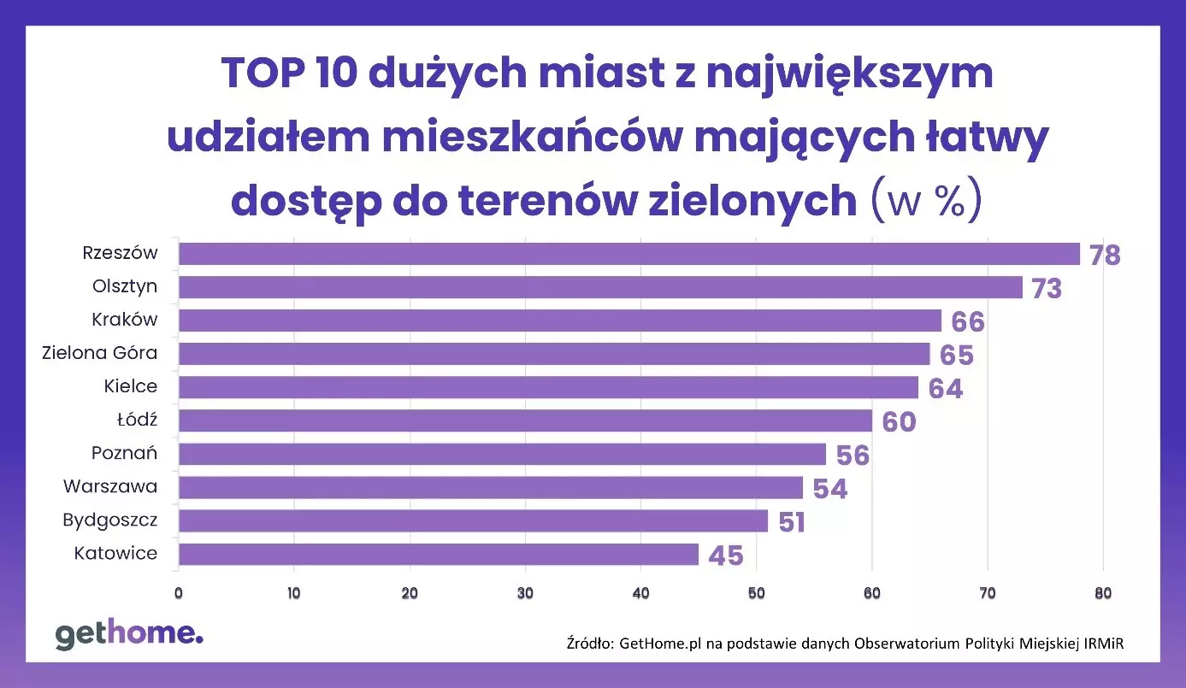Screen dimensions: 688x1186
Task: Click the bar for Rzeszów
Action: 628,254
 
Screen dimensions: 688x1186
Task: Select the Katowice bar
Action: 438,554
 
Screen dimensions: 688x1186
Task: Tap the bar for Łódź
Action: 525,420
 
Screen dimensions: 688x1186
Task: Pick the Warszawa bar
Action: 490,487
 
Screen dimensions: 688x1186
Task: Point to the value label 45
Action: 726,556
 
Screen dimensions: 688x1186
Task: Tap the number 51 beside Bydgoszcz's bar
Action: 792,522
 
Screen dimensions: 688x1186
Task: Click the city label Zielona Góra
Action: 100,352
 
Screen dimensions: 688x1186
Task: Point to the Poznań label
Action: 124,453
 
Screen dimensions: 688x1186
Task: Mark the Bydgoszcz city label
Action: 109,520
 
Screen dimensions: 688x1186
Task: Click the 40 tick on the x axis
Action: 640,593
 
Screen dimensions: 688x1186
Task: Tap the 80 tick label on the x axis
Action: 1102,593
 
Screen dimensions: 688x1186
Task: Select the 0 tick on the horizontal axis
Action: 179,593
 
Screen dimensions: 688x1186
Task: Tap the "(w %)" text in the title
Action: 925,199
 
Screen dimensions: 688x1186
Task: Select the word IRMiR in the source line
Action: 1100,643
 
